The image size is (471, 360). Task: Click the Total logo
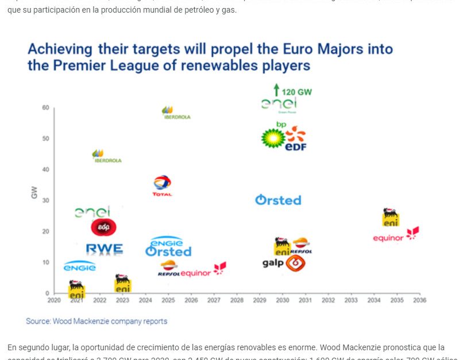click(162, 185)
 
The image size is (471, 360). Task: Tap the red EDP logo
click(103, 227)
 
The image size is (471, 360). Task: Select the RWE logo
click(104, 249)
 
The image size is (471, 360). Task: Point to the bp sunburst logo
click(273, 137)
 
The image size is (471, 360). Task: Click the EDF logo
click(296, 140)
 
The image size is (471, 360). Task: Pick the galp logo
click(284, 264)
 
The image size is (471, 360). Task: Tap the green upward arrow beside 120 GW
click(276, 90)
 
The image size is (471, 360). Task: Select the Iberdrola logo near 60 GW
click(168, 113)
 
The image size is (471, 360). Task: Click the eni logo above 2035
click(391, 217)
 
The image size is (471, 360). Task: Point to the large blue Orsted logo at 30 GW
click(278, 200)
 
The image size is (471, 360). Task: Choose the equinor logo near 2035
click(396, 236)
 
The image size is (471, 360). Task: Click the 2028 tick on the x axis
click(237, 300)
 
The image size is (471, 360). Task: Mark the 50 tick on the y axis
click(45, 139)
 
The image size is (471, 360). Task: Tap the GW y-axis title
click(34, 194)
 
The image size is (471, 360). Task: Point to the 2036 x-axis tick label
click(419, 300)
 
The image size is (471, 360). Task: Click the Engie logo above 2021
click(79, 266)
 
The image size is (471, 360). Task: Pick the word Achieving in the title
click(60, 48)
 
